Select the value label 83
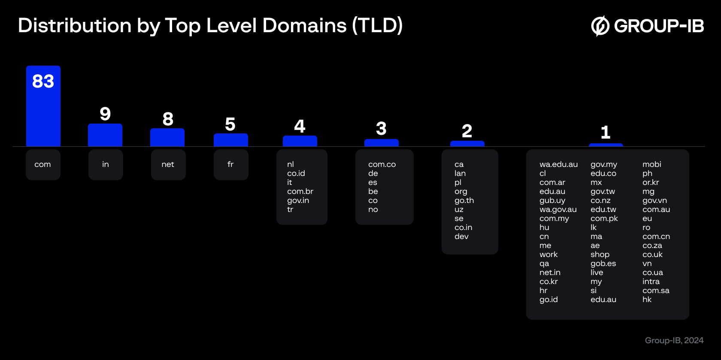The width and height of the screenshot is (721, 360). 43,81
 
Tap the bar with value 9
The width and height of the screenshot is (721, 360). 105,135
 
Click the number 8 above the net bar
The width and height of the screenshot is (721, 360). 168,119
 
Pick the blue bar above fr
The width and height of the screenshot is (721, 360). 230,140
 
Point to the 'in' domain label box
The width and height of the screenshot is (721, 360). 106,164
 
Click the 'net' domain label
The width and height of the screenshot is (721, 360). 168,164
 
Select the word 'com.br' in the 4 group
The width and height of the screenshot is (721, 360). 300,191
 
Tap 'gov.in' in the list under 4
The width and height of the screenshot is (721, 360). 298,200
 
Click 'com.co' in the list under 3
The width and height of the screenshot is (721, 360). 382,164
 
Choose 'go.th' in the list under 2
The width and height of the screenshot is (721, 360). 464,200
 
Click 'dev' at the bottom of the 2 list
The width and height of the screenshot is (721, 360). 461,236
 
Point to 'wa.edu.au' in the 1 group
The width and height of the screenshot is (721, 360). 558,164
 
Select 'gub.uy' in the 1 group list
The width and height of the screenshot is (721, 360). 552,200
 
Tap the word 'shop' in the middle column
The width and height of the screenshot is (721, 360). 600,254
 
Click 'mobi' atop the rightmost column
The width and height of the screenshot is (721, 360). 651,164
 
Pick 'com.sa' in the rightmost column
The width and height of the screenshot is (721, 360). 656,290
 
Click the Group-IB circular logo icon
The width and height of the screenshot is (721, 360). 600,26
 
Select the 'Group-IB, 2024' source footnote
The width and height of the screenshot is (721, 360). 674,340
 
